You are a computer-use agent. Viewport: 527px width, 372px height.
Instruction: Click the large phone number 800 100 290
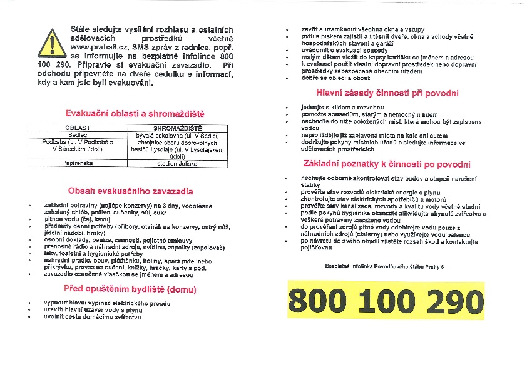point(386,302)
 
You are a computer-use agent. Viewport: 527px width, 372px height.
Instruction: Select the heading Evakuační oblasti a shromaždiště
point(135,114)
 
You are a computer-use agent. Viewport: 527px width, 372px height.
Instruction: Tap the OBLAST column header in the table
point(78,128)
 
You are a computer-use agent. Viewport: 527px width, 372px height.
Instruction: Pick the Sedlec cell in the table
point(78,134)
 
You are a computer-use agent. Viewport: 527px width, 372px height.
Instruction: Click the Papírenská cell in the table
point(78,163)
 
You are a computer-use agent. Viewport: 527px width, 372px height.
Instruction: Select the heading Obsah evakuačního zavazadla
point(130,191)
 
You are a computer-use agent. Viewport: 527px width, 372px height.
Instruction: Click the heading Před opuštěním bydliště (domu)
point(130,289)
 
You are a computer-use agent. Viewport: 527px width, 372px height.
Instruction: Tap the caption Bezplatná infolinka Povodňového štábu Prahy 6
point(384,267)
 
